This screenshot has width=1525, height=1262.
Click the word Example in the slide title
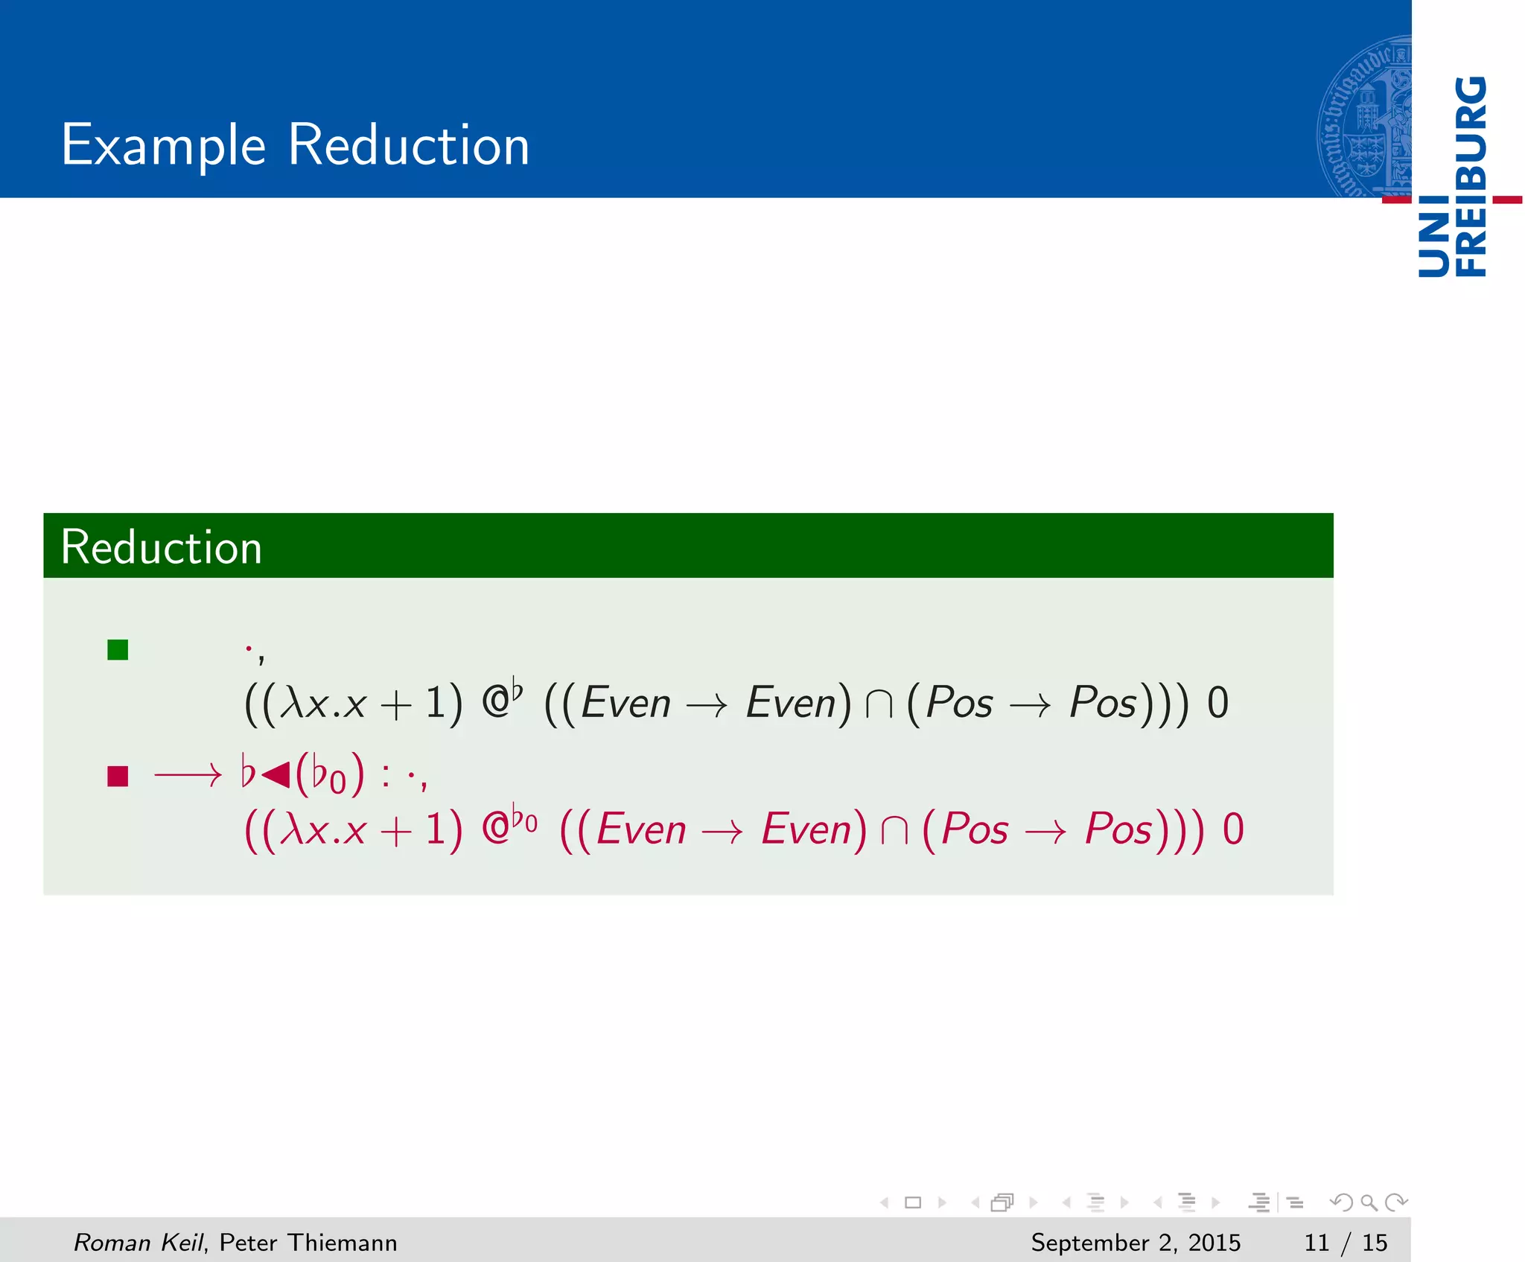163,145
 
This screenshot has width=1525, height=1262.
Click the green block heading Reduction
162,547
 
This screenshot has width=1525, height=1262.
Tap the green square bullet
118,650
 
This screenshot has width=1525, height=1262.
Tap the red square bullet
118,776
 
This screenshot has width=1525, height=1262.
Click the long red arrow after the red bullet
188,776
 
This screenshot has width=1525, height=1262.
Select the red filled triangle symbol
276,774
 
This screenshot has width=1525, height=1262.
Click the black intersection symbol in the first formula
879,704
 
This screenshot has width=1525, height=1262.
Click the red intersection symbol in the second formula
894,830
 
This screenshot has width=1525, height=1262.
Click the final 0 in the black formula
1217,704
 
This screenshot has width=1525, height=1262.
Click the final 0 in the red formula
1233,830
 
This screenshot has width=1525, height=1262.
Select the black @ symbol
495,702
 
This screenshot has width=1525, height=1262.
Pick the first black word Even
625,704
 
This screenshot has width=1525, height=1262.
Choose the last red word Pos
1118,830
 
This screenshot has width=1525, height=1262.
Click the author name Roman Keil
139,1242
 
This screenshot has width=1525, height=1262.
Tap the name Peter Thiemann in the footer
308,1242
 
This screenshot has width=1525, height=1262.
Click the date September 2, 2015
1136,1242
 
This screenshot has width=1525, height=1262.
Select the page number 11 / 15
1346,1242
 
